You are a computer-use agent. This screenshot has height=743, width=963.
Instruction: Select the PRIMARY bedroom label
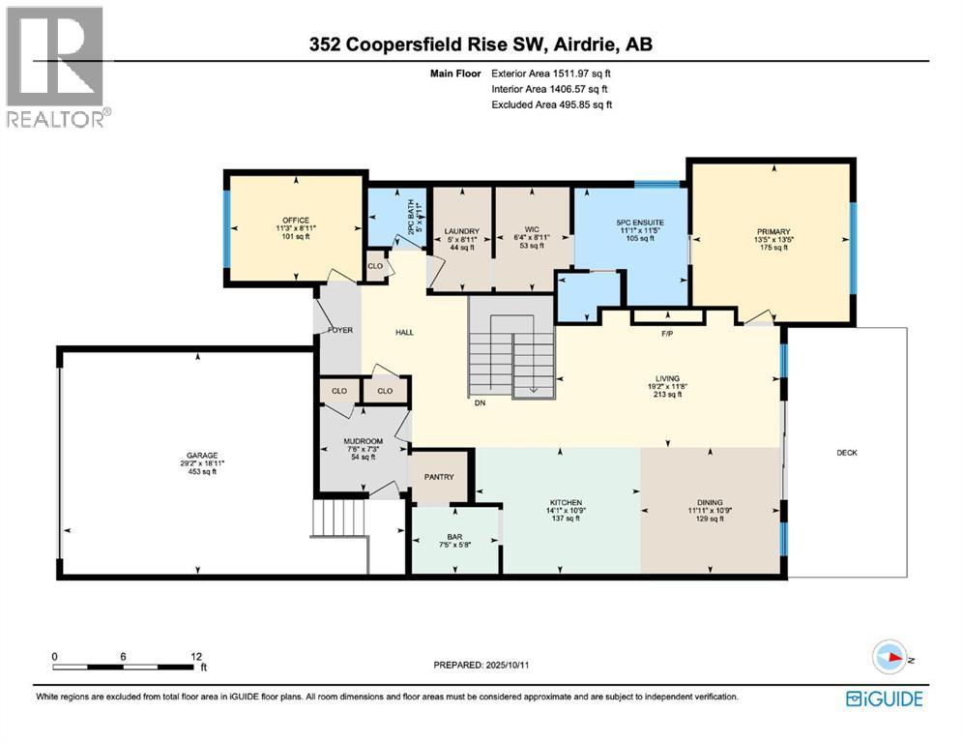(x=773, y=232)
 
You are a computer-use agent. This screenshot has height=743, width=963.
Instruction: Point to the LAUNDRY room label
(x=462, y=231)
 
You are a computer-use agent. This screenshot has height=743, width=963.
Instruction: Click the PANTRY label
(x=442, y=477)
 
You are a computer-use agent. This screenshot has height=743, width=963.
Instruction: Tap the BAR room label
(x=453, y=536)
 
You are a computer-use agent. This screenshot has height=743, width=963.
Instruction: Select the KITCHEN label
(x=566, y=503)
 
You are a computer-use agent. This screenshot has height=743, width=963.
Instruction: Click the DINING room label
(x=711, y=503)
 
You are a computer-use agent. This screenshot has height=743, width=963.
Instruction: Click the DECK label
(x=847, y=453)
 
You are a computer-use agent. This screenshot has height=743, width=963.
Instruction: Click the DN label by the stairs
(x=479, y=403)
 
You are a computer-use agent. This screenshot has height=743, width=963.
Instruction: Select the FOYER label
(x=337, y=330)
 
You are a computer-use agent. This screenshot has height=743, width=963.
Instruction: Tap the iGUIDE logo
(x=884, y=698)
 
